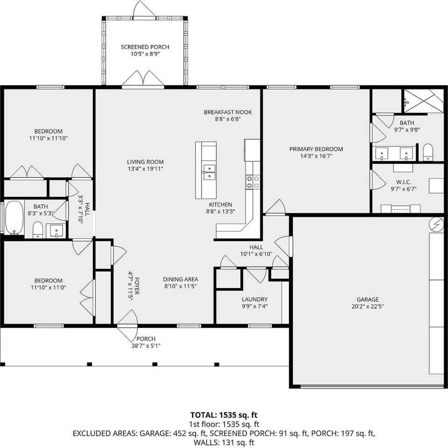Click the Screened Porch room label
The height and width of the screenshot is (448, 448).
click(145, 47)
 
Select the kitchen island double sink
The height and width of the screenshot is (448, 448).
click(209, 172)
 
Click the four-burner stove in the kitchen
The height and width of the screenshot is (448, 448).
click(253, 182)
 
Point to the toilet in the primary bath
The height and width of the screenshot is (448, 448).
click(428, 152)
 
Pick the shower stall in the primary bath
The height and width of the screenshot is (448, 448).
click(422, 101)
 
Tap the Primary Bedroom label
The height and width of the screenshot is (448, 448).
click(316, 149)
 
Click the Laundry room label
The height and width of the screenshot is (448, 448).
click(254, 299)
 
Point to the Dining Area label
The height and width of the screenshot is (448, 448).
click(180, 279)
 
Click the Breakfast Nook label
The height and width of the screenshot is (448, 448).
click(228, 112)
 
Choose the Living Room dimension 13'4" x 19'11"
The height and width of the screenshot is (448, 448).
click(145, 169)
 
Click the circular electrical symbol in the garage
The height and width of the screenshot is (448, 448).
click(437, 224)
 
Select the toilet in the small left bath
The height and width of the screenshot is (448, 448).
click(38, 229)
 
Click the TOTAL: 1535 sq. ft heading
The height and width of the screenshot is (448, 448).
click(224, 414)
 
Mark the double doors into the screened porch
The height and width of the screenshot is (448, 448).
click(143, 79)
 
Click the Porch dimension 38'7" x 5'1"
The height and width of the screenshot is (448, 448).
click(146, 346)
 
